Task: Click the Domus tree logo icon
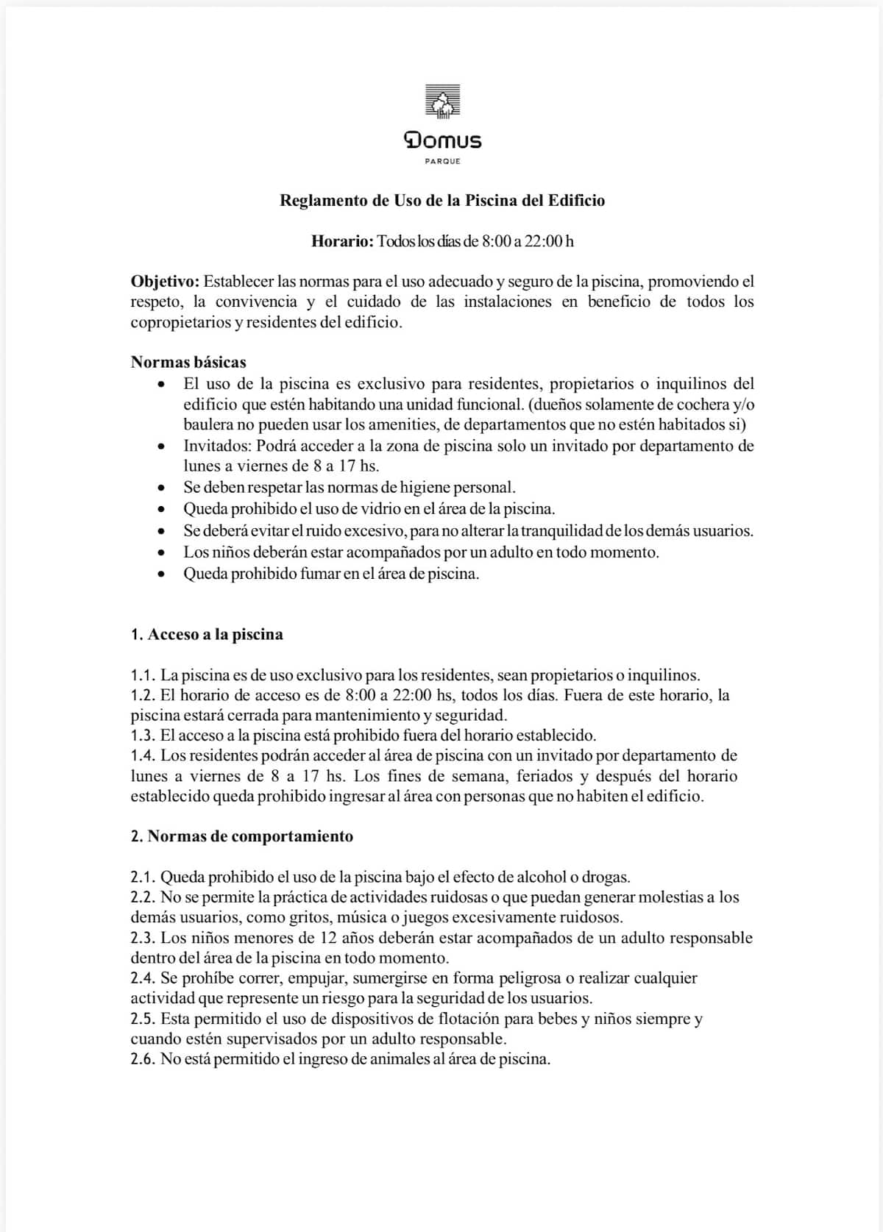point(442,102)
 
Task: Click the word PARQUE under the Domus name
point(442,161)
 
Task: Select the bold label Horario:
point(343,241)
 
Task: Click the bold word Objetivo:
point(165,282)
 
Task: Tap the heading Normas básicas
point(188,362)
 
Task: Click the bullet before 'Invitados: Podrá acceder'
point(161,446)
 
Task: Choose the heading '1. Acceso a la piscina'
point(207,635)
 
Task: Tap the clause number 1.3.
point(143,736)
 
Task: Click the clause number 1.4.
point(143,755)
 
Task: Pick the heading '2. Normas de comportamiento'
point(242,836)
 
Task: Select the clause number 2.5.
point(143,1019)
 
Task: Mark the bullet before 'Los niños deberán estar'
point(161,553)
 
